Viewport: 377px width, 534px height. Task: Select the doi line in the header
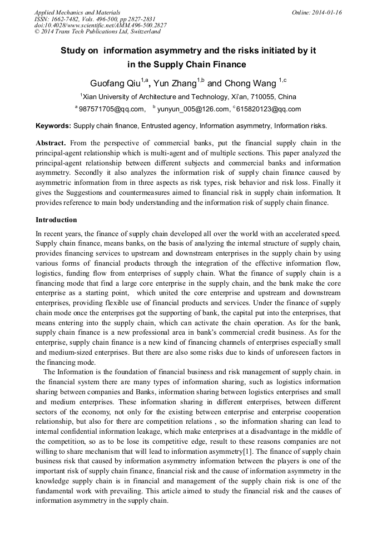pyautogui.click(x=100, y=25)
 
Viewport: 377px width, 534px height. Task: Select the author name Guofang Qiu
pyautogui.click(x=115, y=84)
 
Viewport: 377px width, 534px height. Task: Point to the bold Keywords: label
pyautogui.click(x=53, y=126)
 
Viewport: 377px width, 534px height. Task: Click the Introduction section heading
pyautogui.click(x=56, y=220)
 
